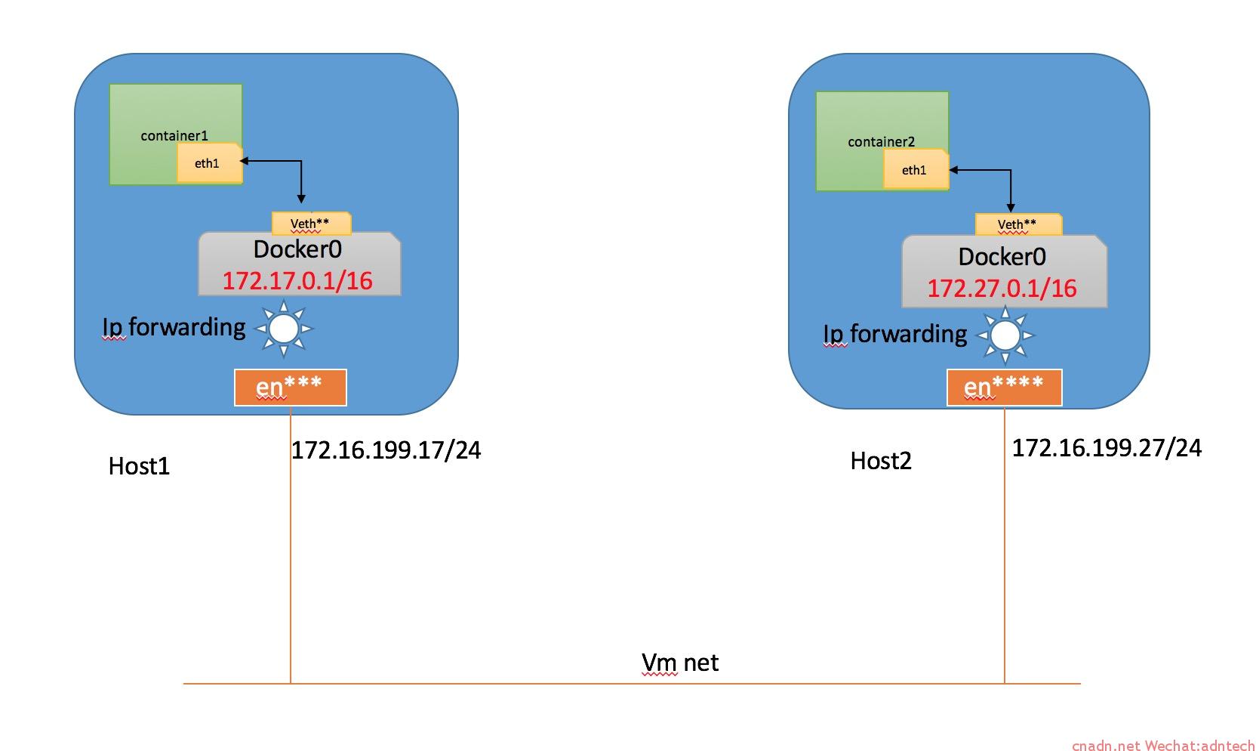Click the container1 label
(174, 136)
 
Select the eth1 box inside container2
(915, 170)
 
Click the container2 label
(881, 142)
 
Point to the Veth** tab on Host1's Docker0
(310, 224)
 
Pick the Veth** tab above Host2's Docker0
(1017, 224)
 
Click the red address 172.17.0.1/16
(297, 281)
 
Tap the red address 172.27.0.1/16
(1002, 289)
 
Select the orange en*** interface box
(290, 388)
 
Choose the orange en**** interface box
(1004, 388)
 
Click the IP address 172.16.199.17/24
(386, 450)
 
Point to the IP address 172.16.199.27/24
(1106, 448)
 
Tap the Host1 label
(139, 466)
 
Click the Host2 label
(881, 461)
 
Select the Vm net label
(679, 663)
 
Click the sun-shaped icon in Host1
(284, 329)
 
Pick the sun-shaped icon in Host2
(1005, 335)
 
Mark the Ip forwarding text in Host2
(894, 334)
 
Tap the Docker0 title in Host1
(297, 249)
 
